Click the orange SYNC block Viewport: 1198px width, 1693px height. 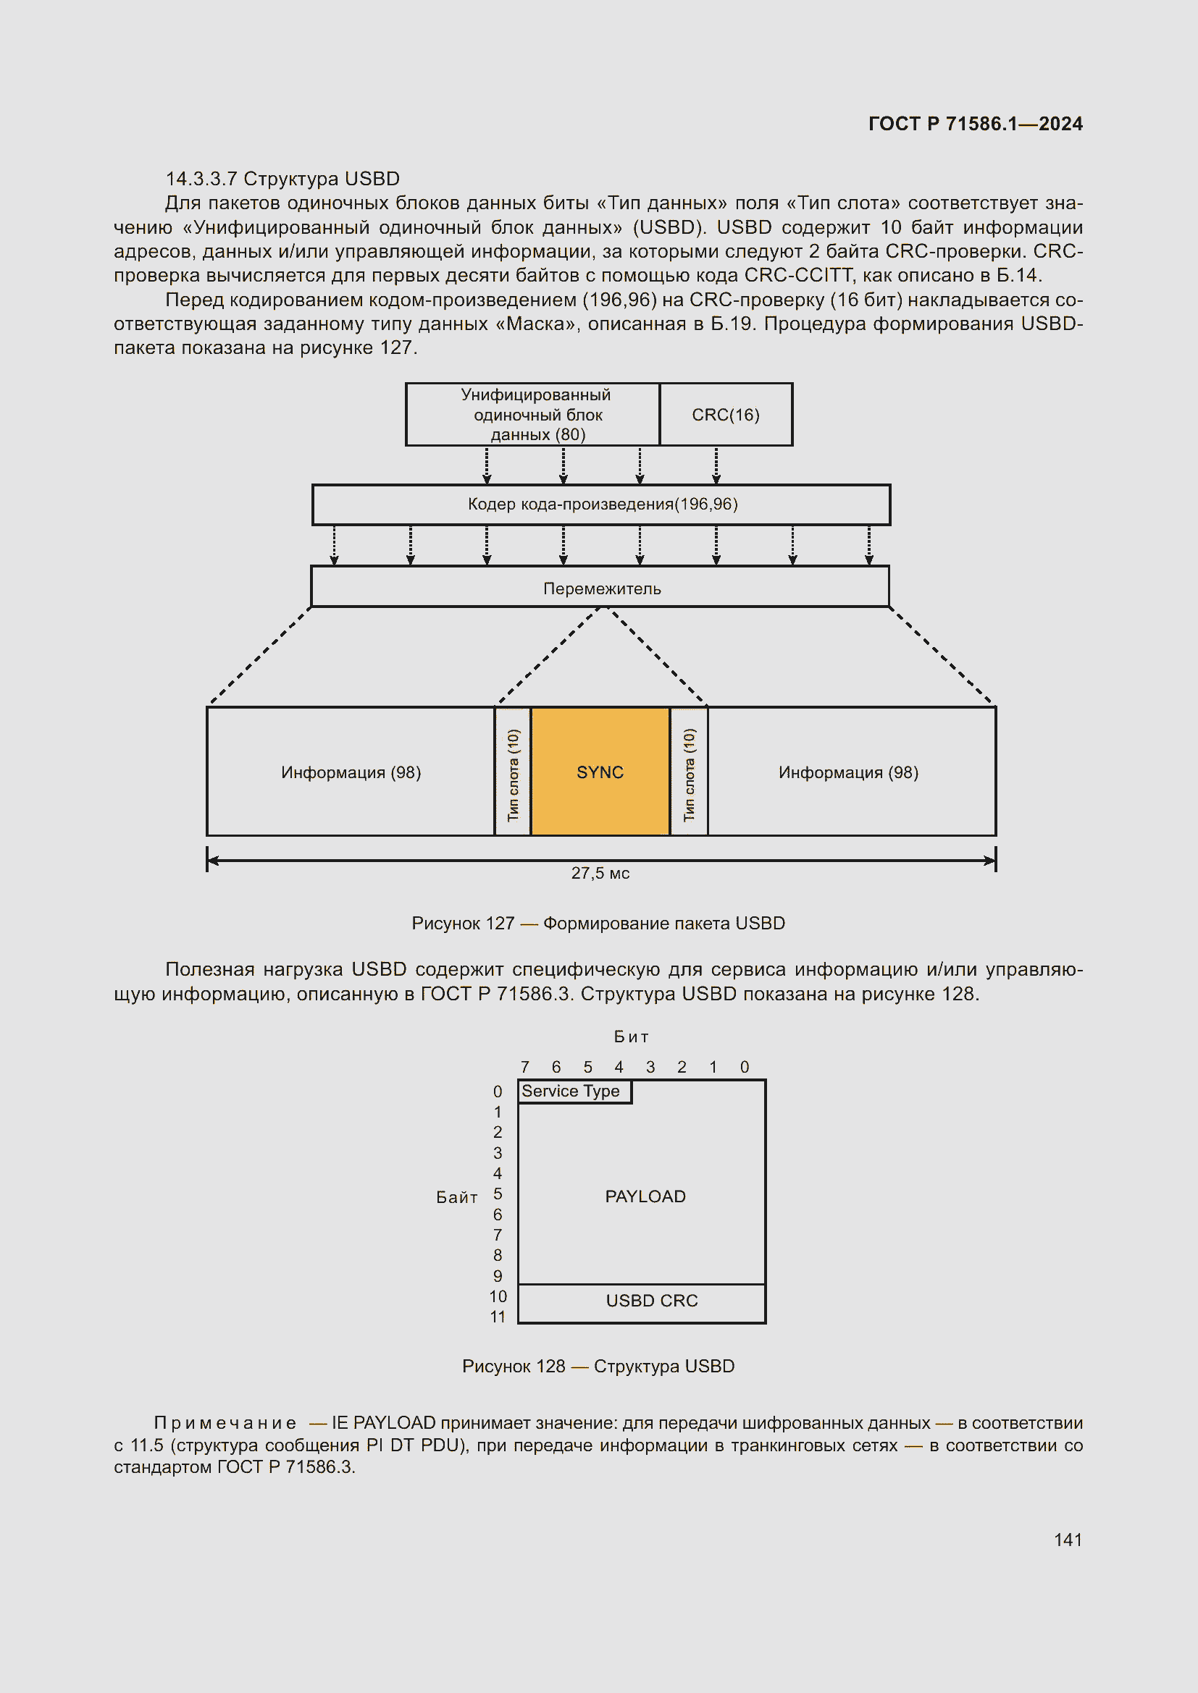coord(600,772)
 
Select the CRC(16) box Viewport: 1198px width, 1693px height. coord(725,415)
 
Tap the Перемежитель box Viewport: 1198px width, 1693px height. coord(600,588)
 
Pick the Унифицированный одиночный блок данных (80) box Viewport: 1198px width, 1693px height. coord(532,415)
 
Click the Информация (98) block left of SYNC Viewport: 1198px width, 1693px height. coord(351,772)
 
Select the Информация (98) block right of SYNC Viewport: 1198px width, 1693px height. coord(848,772)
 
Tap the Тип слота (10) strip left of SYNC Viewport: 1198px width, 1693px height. coord(514,773)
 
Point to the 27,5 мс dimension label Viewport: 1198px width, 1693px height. coord(600,873)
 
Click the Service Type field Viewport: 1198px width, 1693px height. coord(573,1092)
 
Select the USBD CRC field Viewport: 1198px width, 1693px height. coord(650,1301)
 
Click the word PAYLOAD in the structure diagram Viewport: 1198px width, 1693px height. coord(645,1196)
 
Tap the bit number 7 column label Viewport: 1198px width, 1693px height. coord(524,1067)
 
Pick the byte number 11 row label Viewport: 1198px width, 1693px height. coord(498,1317)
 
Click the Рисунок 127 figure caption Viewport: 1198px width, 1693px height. coord(598,923)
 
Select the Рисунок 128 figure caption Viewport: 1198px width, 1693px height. coord(598,1367)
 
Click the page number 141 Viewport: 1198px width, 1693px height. coord(1068,1540)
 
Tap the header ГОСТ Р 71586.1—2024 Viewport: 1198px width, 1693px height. coord(974,123)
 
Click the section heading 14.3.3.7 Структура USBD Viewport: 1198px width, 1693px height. coord(282,179)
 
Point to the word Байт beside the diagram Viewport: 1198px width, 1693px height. coord(456,1197)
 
